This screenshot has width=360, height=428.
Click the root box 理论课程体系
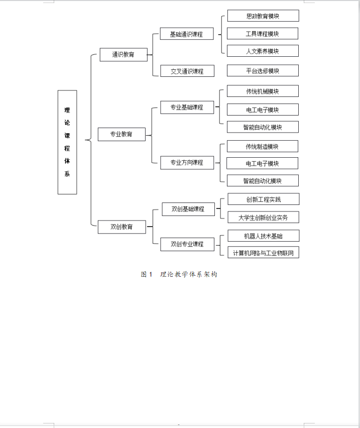pyautogui.click(x=67, y=142)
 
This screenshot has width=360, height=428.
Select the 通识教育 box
pyautogui.click(x=123, y=54)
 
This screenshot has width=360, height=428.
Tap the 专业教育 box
pyautogui.click(x=122, y=134)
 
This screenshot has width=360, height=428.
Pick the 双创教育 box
pyautogui.click(x=122, y=227)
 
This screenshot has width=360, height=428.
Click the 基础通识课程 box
pyautogui.click(x=187, y=34)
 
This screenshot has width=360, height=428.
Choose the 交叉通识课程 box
pyautogui.click(x=187, y=71)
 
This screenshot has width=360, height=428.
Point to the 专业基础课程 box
pyautogui.click(x=187, y=107)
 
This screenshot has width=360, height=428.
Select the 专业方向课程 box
pyautogui.click(x=187, y=162)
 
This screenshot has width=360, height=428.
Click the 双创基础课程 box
pyautogui.click(x=188, y=209)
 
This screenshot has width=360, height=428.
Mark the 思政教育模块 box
pyautogui.click(x=263, y=16)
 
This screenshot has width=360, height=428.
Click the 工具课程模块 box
pyautogui.click(x=262, y=34)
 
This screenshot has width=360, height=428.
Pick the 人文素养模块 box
pyautogui.click(x=262, y=51)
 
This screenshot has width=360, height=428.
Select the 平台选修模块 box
pyautogui.click(x=262, y=71)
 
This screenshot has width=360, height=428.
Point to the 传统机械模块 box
pyautogui.click(x=262, y=91)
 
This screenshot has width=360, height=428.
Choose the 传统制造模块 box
pyautogui.click(x=262, y=147)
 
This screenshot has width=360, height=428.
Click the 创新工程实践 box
pyautogui.click(x=263, y=199)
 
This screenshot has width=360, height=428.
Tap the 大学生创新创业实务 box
pyautogui.click(x=263, y=217)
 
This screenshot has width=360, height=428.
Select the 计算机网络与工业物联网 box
pyautogui.click(x=263, y=252)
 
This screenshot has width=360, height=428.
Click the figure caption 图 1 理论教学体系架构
pyautogui.click(x=179, y=274)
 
